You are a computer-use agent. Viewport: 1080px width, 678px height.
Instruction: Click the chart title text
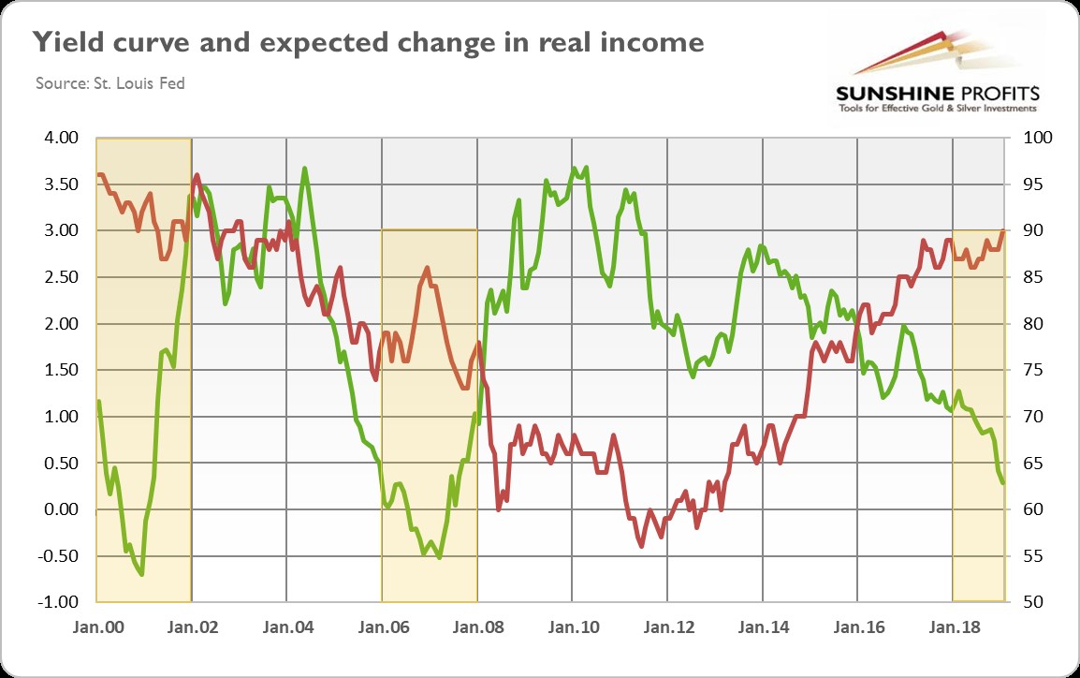(x=368, y=42)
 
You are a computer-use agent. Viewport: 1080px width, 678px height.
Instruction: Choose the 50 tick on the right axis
(x=1024, y=601)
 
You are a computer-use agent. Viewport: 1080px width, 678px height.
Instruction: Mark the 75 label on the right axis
(x=1024, y=370)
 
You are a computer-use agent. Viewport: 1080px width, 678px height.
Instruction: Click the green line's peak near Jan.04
(x=305, y=169)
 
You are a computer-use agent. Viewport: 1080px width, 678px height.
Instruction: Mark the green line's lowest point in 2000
(x=141, y=574)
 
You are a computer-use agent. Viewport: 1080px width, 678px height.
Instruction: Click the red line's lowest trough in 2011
(x=641, y=546)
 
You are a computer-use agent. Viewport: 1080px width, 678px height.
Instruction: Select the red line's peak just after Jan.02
(x=197, y=175)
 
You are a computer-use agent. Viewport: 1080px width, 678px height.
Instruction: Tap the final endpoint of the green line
(x=1003, y=483)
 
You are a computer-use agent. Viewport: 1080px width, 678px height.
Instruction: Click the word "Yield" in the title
(x=64, y=42)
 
